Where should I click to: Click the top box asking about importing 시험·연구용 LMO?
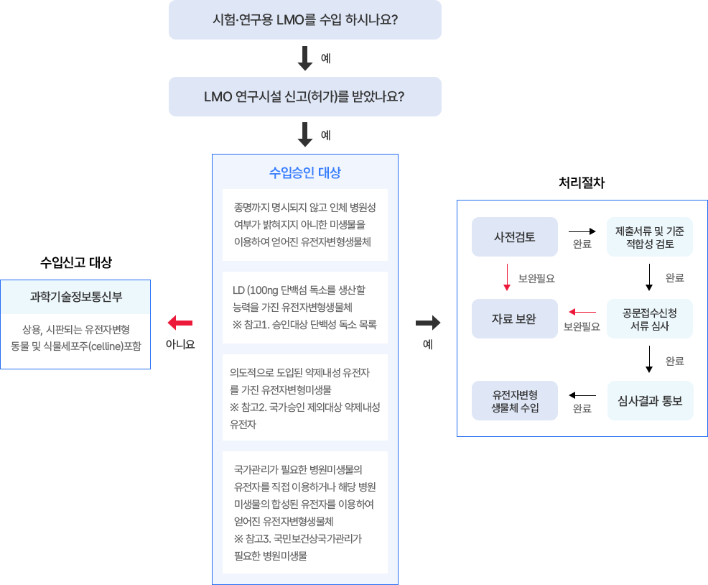pyautogui.click(x=304, y=19)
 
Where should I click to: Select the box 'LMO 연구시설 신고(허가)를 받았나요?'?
pyautogui.click(x=304, y=96)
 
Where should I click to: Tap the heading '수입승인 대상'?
pyautogui.click(x=304, y=172)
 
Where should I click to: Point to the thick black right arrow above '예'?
pyautogui.click(x=428, y=322)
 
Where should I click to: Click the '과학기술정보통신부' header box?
pyautogui.click(x=75, y=296)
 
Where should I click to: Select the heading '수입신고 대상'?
pyautogui.click(x=75, y=262)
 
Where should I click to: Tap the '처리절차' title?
pyautogui.click(x=582, y=183)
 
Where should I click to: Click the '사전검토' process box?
pyautogui.click(x=514, y=236)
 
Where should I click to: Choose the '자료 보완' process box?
pyautogui.click(x=514, y=318)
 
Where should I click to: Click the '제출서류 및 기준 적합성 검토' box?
pyautogui.click(x=650, y=237)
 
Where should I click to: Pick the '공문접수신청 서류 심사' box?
pyautogui.click(x=650, y=319)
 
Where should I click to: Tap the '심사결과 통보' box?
pyautogui.click(x=650, y=400)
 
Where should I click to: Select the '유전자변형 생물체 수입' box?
pyautogui.click(x=514, y=401)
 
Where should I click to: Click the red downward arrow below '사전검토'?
pyautogui.click(x=507, y=277)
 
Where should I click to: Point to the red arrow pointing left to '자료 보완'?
pyautogui.click(x=582, y=312)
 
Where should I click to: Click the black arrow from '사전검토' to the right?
pyautogui.click(x=582, y=231)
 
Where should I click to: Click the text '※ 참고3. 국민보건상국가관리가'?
pyautogui.click(x=297, y=538)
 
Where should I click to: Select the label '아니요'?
pyautogui.click(x=180, y=344)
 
